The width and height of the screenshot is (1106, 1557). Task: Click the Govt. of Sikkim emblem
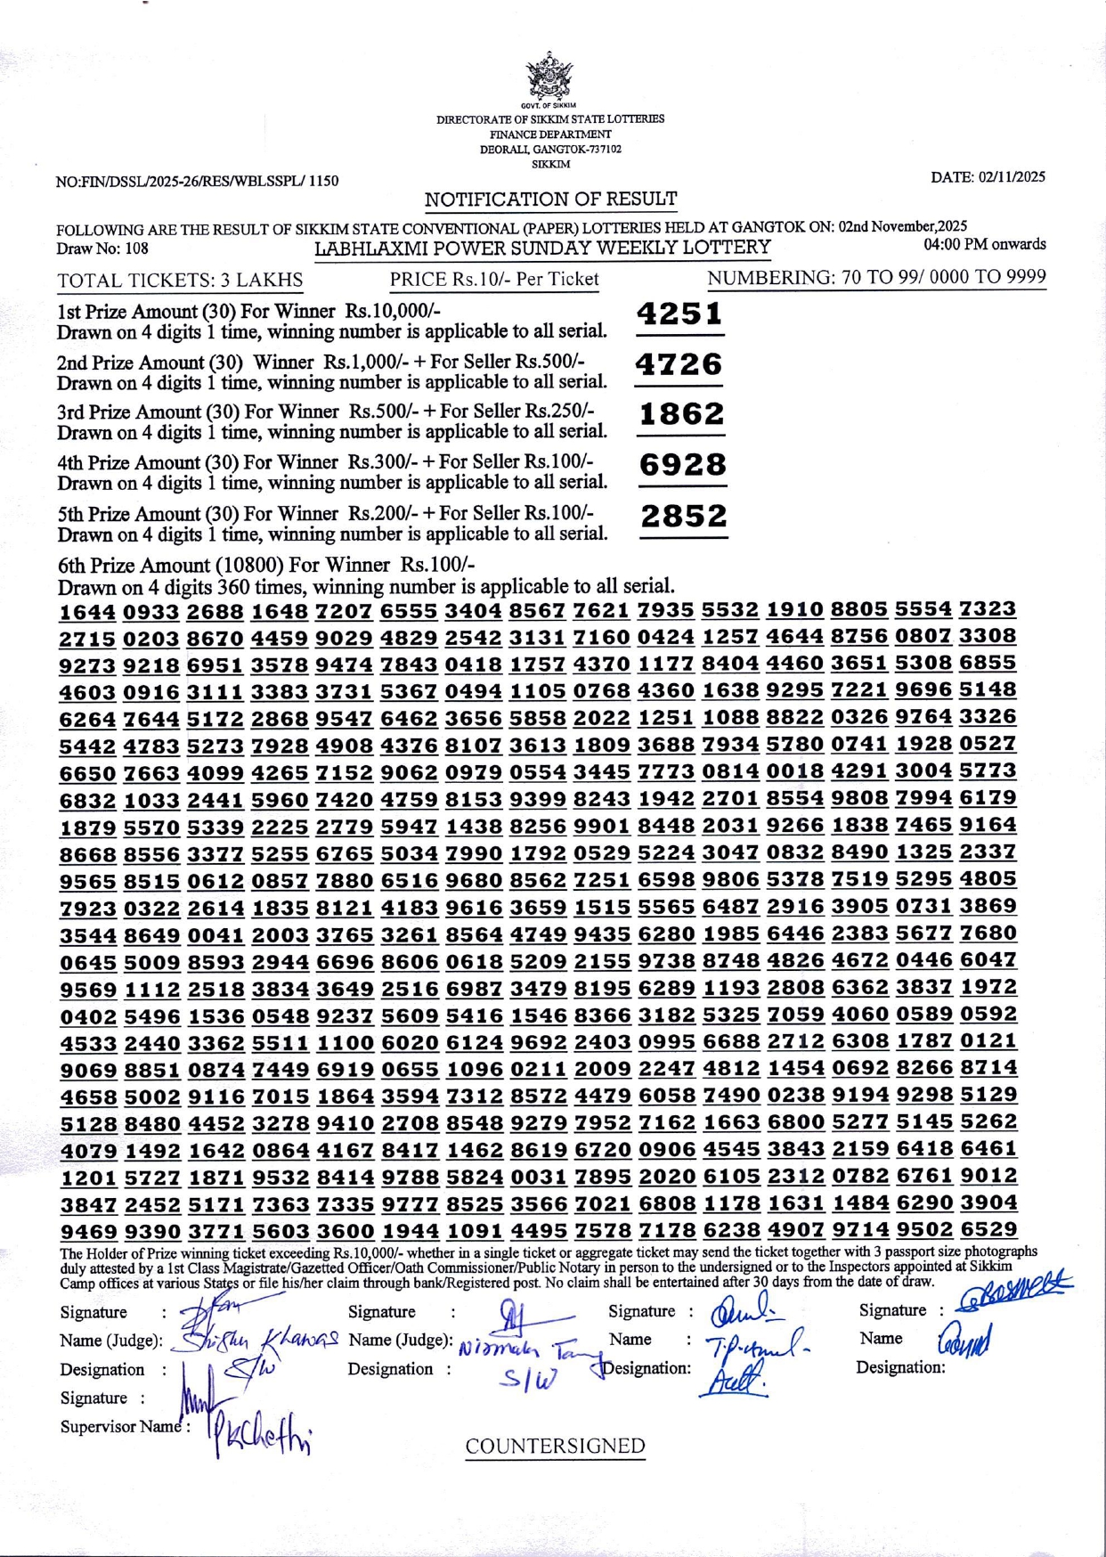click(549, 77)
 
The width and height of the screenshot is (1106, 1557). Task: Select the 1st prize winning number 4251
click(679, 314)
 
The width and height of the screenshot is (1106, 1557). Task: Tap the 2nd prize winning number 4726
click(679, 365)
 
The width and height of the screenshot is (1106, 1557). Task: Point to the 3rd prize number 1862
click(681, 415)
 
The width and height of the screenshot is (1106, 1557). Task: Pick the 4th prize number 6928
click(683, 466)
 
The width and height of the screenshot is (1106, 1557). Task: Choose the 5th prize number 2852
click(684, 517)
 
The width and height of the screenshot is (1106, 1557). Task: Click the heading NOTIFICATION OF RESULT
click(550, 200)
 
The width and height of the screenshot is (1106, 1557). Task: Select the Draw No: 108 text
click(102, 249)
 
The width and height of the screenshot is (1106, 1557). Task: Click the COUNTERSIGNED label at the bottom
click(555, 1446)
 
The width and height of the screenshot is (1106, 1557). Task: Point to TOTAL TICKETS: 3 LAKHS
click(180, 281)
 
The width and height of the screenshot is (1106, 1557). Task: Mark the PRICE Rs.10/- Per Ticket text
click(494, 280)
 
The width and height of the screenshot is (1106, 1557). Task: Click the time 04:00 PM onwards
click(984, 244)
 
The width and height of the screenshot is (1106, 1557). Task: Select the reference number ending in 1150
click(197, 182)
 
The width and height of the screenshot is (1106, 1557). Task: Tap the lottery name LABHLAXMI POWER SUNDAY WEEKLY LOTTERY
click(542, 248)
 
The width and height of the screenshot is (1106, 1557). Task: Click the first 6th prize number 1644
click(87, 613)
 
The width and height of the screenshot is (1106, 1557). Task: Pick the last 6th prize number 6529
click(988, 1230)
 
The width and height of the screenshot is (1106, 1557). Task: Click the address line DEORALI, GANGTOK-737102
click(550, 150)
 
